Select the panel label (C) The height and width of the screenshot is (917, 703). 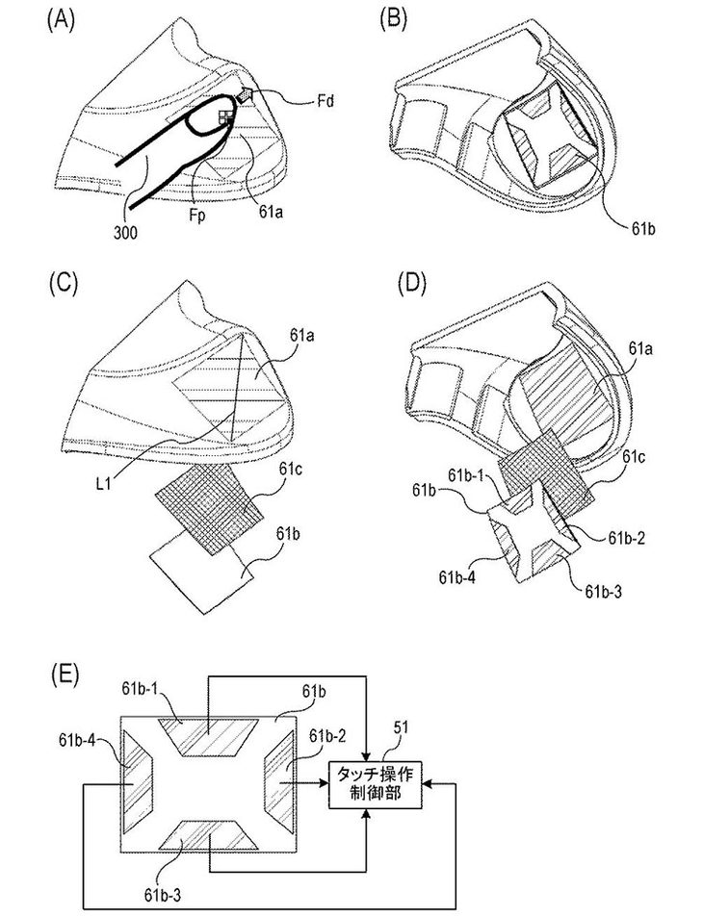pyautogui.click(x=62, y=283)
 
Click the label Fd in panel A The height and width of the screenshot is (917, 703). pyautogui.click(x=326, y=101)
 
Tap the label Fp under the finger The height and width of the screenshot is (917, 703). pyautogui.click(x=197, y=216)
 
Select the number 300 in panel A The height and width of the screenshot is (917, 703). pyautogui.click(x=126, y=233)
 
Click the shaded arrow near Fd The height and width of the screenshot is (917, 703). pyautogui.click(x=244, y=94)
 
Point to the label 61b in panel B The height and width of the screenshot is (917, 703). pyautogui.click(x=642, y=228)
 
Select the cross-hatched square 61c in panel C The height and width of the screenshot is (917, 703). pyautogui.click(x=209, y=508)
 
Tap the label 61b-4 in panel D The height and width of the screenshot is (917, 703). pyautogui.click(x=457, y=577)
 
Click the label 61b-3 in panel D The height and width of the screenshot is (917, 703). pyautogui.click(x=604, y=591)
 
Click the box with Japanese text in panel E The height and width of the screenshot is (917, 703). pyautogui.click(x=375, y=784)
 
